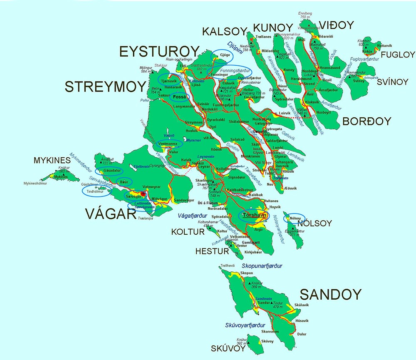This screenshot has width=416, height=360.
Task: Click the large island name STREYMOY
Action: (x=106, y=88)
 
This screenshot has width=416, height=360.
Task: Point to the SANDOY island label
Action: (x=331, y=295)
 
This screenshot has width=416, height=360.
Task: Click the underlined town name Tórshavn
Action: (x=253, y=215)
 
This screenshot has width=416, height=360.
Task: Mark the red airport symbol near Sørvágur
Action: (x=143, y=194)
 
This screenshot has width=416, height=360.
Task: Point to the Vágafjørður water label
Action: (x=192, y=216)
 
